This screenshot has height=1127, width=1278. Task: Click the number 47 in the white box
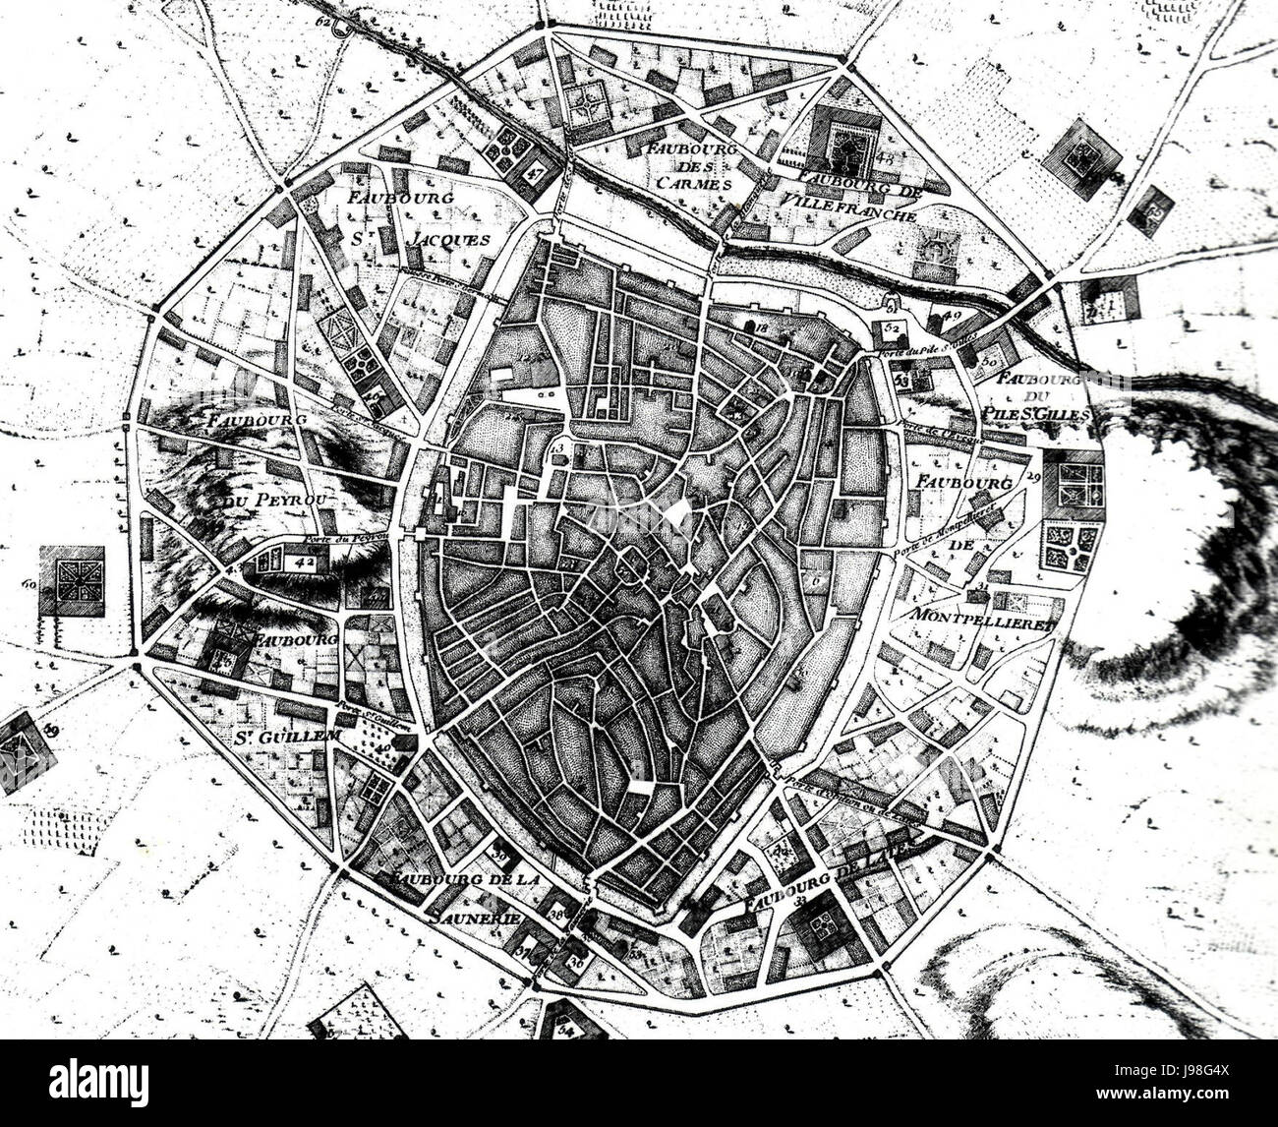point(536,171)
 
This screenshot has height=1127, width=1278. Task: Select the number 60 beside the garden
point(29,586)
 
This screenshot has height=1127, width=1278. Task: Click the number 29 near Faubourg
point(1032,477)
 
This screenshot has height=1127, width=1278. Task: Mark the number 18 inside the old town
point(760,326)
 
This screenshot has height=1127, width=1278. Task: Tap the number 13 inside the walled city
point(560,450)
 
